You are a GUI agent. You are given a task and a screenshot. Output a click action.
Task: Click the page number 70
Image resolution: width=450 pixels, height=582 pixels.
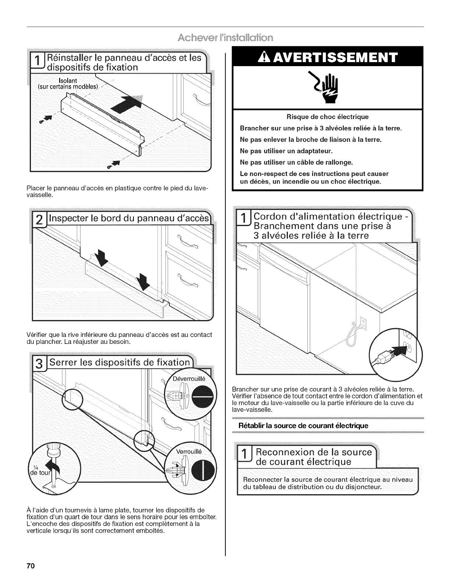(x=30, y=565)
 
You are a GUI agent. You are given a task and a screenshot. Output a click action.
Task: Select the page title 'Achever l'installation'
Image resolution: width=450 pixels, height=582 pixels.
(x=225, y=38)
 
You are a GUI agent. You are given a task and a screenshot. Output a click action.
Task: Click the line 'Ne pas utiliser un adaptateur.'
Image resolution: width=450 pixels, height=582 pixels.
(x=286, y=151)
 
